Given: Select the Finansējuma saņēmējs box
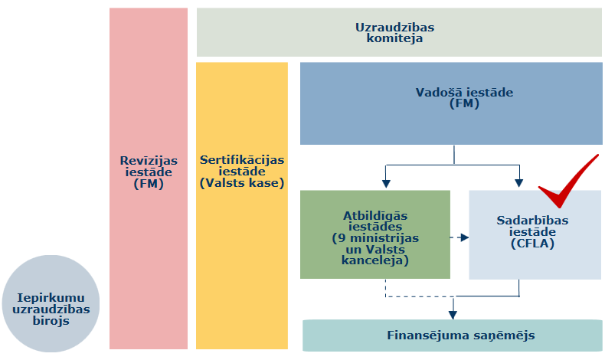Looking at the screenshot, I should [x=452, y=335].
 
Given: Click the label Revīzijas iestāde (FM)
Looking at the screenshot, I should [x=148, y=172].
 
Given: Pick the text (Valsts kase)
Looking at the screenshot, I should [x=242, y=183].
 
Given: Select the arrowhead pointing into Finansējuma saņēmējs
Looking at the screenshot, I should [x=453, y=314].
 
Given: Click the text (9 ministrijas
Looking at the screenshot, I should [x=374, y=238].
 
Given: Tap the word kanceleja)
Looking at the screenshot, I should [x=374, y=261].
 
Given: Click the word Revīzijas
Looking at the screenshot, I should [x=148, y=160].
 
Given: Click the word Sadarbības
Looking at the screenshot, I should [x=532, y=221].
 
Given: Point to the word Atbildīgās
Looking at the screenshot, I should [x=374, y=215].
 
